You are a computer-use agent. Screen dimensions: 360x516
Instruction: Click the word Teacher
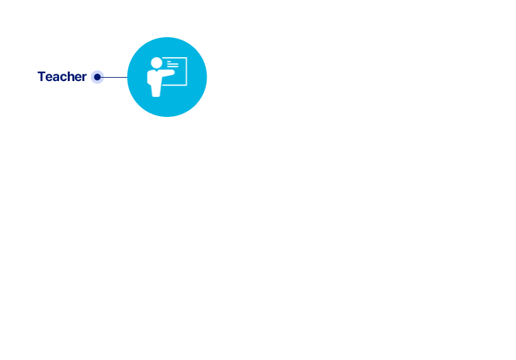pos(62,77)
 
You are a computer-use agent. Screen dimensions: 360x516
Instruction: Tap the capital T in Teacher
pos(41,76)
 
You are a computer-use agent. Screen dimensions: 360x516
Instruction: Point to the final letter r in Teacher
pos(84,78)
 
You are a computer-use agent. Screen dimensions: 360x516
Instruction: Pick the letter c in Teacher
pos(64,78)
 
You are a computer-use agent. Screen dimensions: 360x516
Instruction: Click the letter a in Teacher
pos(56,78)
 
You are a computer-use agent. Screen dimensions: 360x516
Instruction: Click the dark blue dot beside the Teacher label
pos(97,77)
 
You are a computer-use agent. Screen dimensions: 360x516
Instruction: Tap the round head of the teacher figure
pos(157,62)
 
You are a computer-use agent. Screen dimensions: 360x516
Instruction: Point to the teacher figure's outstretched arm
pos(169,72)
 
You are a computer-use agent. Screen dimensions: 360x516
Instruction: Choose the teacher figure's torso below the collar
pos(155,80)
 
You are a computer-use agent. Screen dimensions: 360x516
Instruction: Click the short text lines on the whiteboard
pos(172,64)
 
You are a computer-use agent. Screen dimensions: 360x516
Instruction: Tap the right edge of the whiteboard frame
pos(187,71)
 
